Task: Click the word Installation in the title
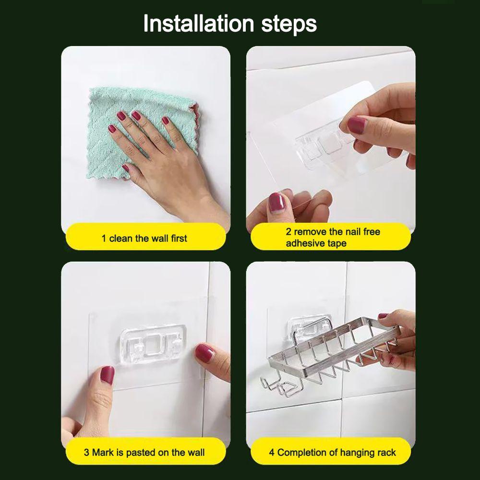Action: tap(199, 24)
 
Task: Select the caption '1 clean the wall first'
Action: tap(144, 238)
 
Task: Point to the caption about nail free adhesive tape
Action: tap(333, 237)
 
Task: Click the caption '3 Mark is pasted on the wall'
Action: tap(144, 452)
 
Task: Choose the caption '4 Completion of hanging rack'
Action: tap(332, 453)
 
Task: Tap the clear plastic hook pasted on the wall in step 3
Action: tap(153, 344)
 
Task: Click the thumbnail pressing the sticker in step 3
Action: tap(107, 375)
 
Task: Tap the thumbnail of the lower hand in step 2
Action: tap(276, 203)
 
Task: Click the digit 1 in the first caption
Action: tap(104, 238)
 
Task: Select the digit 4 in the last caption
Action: tap(272, 453)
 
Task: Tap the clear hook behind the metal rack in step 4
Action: tap(306, 325)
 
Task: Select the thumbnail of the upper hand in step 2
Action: tap(357, 125)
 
